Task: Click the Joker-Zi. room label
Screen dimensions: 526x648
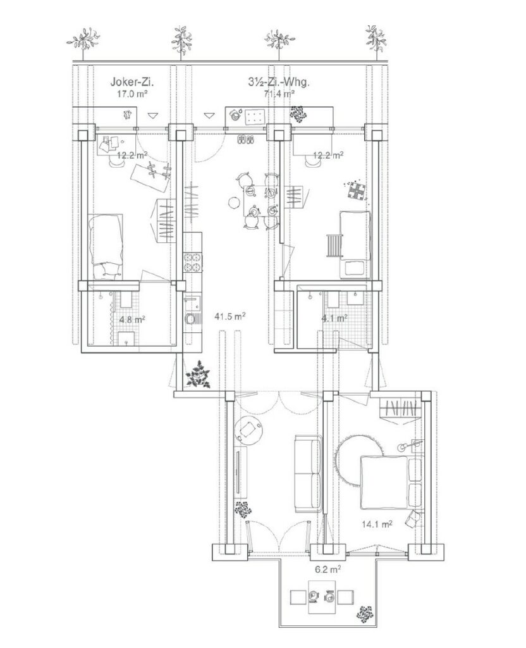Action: pyautogui.click(x=134, y=82)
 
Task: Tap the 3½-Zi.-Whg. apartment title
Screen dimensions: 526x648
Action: pyautogui.click(x=279, y=82)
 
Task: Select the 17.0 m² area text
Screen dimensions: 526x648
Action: pyautogui.click(x=132, y=94)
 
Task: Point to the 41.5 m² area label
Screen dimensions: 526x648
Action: pyautogui.click(x=230, y=316)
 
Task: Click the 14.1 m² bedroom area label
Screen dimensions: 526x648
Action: pyautogui.click(x=377, y=524)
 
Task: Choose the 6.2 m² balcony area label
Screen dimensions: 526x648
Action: pyautogui.click(x=328, y=569)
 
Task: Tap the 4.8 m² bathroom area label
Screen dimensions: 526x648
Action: pyautogui.click(x=132, y=320)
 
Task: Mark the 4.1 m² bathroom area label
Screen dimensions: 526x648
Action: pyautogui.click(x=334, y=318)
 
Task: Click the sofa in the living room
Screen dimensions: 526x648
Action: pyautogui.click(x=308, y=473)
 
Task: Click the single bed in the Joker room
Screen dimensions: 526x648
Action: pyautogui.click(x=106, y=246)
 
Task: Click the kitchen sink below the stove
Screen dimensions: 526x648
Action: pyautogui.click(x=192, y=303)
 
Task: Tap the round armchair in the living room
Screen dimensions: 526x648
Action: pyautogui.click(x=249, y=430)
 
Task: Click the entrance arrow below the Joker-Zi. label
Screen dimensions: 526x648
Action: pyautogui.click(x=153, y=115)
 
